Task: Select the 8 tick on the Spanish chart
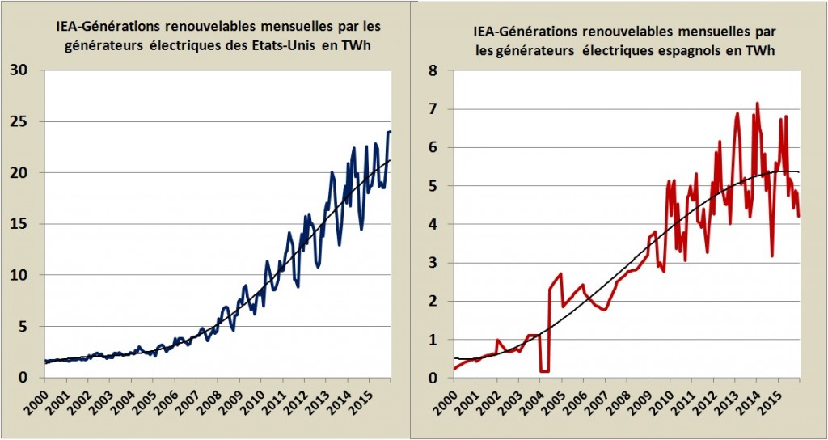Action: tap(433, 70)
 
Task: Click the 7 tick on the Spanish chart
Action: tap(433, 108)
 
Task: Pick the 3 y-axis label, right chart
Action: tap(433, 262)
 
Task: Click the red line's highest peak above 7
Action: tap(757, 104)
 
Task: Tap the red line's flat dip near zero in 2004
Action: tap(544, 371)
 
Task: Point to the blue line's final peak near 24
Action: tap(389, 132)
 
